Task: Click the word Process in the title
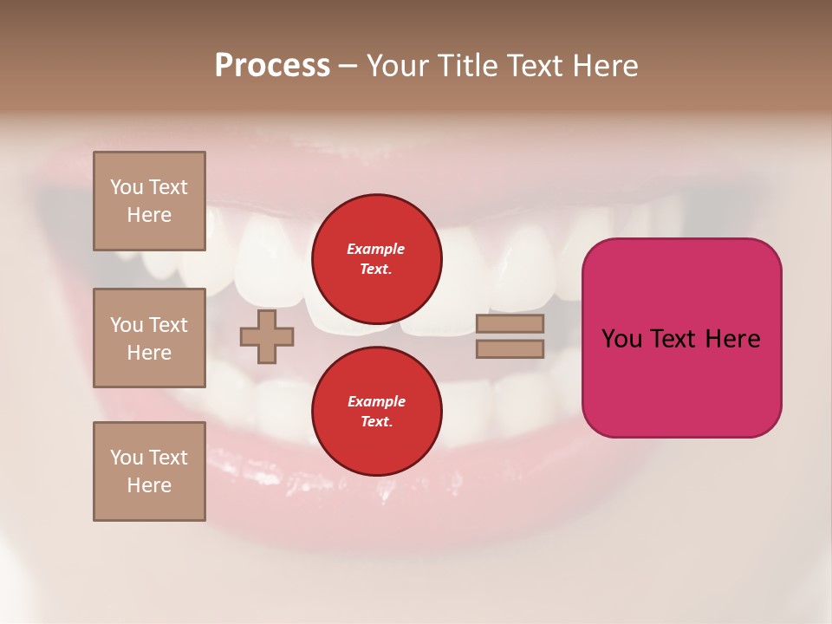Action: [272, 66]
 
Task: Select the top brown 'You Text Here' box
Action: [149, 201]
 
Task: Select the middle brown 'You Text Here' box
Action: [149, 338]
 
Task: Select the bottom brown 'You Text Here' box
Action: [149, 471]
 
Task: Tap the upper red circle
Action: [377, 259]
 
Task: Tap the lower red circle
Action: [377, 412]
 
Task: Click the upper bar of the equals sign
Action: [510, 324]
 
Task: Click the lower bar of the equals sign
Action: [510, 349]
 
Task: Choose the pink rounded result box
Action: [681, 338]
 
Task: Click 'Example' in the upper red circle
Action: [375, 249]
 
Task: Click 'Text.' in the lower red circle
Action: [376, 422]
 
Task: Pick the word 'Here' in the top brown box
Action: [149, 215]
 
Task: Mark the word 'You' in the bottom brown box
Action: [127, 458]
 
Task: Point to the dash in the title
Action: [348, 66]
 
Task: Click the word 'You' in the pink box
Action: [621, 339]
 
